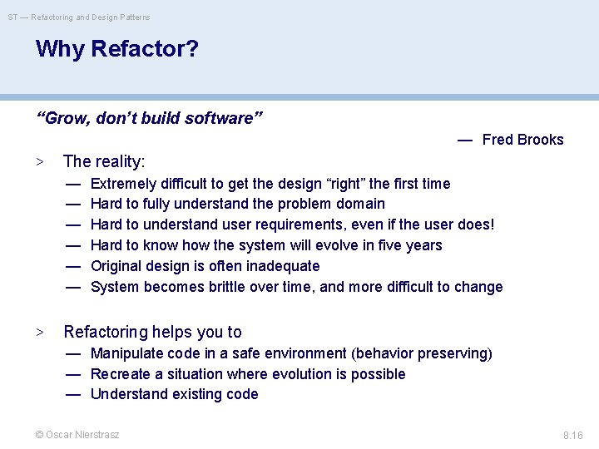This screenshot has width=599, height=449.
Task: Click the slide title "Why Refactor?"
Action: point(117,49)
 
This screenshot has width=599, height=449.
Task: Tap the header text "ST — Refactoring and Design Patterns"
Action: point(79,17)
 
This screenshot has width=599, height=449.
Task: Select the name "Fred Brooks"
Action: point(522,140)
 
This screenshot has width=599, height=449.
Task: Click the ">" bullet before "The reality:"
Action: point(39,161)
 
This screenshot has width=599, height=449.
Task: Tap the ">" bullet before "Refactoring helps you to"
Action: point(39,333)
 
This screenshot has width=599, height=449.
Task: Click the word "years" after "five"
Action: point(423,245)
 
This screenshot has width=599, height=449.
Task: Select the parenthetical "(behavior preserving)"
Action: point(422,353)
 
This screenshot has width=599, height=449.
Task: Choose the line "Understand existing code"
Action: point(174,394)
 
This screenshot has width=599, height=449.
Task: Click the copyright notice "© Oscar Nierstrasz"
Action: point(77,435)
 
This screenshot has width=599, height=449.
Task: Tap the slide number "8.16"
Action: point(572,436)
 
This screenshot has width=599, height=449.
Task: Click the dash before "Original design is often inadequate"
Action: point(73,266)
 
